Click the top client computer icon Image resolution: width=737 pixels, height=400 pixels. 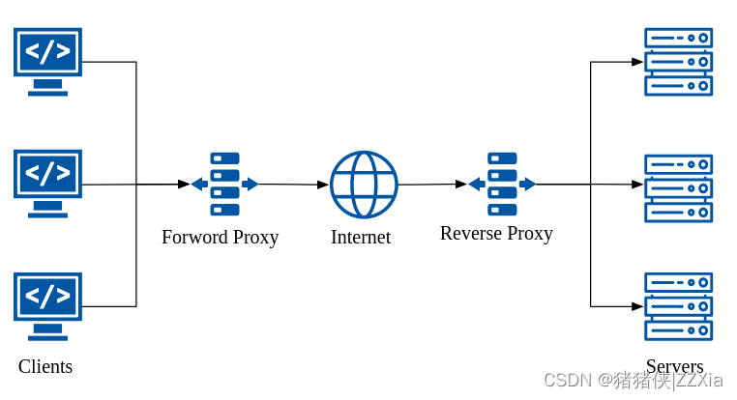point(47,61)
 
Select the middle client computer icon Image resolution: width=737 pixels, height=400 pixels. point(47,184)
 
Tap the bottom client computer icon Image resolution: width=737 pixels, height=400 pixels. point(47,306)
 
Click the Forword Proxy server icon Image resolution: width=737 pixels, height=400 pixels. point(224,184)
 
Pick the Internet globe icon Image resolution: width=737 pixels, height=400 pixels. point(364,185)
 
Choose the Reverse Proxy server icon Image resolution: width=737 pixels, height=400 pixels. point(502,184)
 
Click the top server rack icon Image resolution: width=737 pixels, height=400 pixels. point(678,62)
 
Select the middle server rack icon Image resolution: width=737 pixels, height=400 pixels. point(678,188)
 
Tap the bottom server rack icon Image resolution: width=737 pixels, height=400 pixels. point(678,306)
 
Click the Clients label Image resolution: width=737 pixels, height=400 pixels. point(45,366)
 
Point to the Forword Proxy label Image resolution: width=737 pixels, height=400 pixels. point(220,237)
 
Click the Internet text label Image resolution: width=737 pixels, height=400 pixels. point(361,237)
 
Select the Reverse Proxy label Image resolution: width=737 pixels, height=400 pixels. point(496,233)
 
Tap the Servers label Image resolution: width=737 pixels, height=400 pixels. point(674,366)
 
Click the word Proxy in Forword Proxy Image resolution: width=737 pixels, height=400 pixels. point(254,237)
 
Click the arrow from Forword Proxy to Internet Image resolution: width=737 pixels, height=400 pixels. point(293,185)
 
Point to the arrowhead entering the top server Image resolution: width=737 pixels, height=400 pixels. point(637,62)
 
